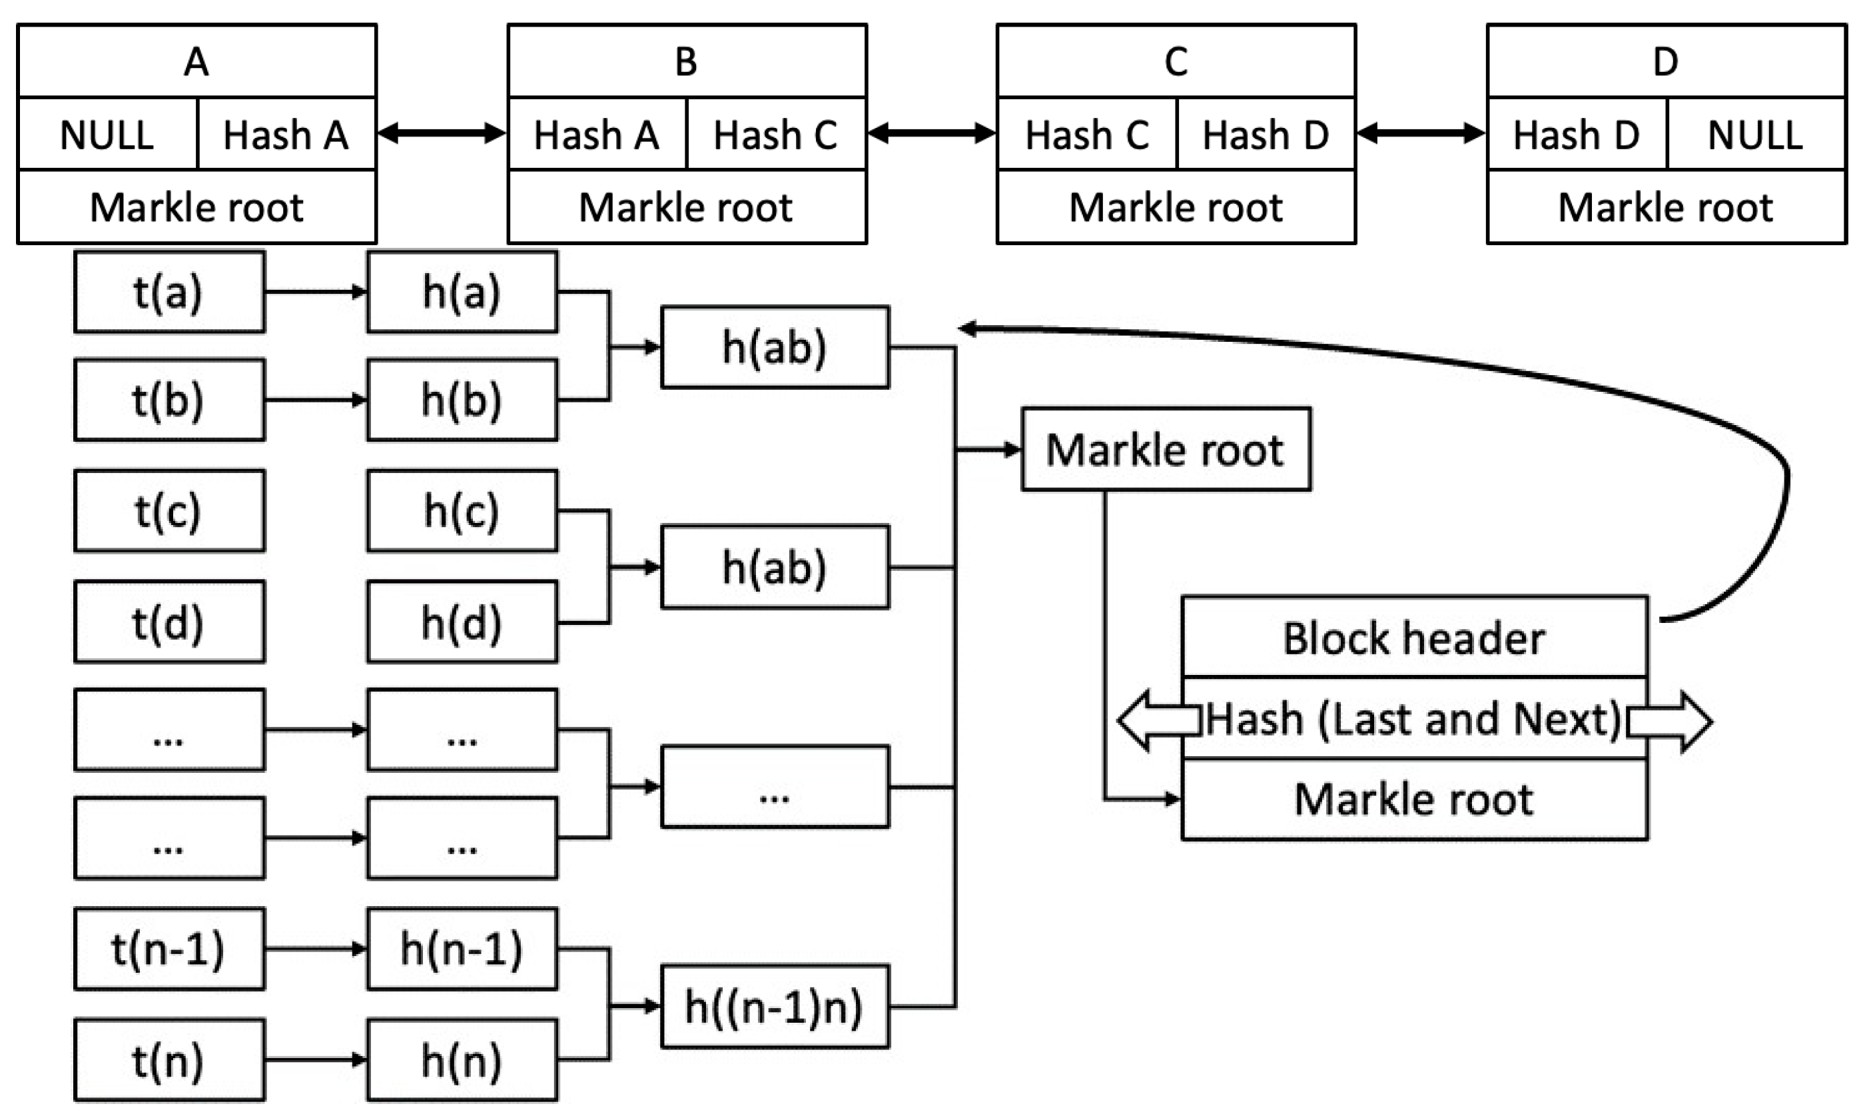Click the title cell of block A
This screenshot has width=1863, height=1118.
point(196,61)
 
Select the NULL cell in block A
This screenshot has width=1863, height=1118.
point(107,134)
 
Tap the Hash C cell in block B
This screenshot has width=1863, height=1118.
point(777,134)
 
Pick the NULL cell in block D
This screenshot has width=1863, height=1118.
point(1755,134)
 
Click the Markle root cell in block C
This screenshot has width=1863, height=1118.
point(1176,207)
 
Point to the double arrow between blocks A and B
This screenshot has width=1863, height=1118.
point(442,133)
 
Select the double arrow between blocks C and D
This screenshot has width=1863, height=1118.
point(1421,133)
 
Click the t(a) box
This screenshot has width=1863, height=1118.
point(169,292)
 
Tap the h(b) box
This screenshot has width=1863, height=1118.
point(462,399)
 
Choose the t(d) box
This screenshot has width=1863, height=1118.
point(169,622)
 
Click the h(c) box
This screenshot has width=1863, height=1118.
point(462,511)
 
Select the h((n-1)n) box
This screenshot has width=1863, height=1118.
point(774,1007)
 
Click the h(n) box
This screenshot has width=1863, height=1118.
point(462,1061)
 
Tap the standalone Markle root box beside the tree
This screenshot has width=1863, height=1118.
point(1165,450)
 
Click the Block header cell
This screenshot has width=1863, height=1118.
point(1414,638)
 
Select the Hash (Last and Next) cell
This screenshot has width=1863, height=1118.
point(1414,719)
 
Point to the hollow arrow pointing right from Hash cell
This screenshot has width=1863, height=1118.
point(1671,722)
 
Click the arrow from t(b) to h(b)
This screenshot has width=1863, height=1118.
point(316,399)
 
